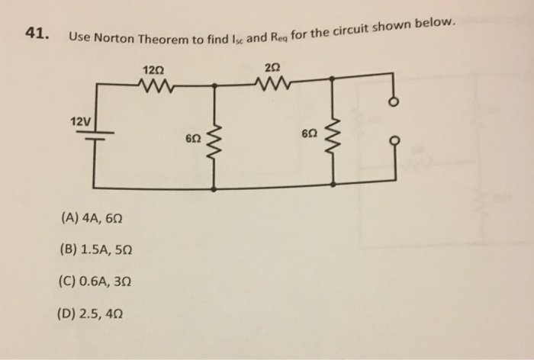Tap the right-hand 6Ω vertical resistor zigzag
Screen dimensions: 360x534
point(334,134)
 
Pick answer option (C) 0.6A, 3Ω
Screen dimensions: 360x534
point(95,279)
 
